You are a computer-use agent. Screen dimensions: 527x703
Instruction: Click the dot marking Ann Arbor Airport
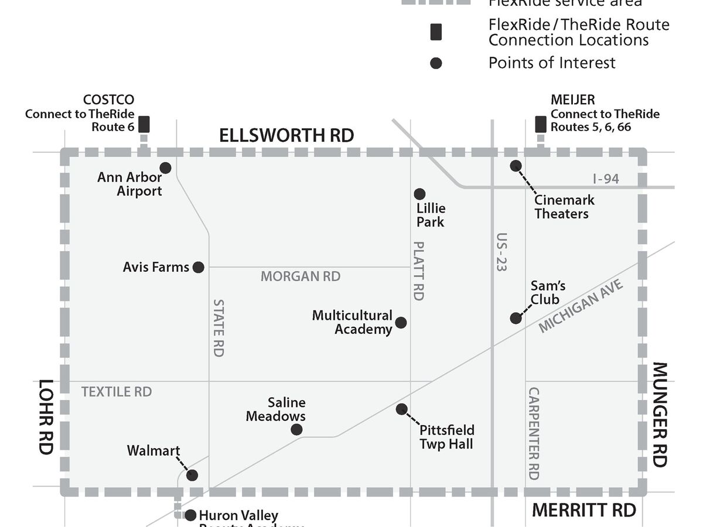(165, 168)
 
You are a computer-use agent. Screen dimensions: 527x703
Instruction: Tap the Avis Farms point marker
(199, 267)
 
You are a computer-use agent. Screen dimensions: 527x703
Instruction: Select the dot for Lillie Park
(419, 194)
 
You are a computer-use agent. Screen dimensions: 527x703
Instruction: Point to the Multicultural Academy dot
(401, 323)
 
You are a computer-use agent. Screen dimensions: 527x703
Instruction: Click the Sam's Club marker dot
(516, 318)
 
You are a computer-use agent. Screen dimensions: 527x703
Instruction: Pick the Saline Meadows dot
(296, 430)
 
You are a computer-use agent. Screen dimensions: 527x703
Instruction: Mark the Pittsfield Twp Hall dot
(401, 409)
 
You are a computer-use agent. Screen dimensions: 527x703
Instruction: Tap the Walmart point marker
(192, 475)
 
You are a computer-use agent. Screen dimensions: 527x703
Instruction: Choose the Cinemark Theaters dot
(516, 166)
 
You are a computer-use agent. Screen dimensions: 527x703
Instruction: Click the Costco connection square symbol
(144, 124)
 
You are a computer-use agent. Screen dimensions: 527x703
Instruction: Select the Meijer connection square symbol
(541, 124)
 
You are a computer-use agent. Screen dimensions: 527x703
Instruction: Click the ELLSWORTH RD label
(286, 135)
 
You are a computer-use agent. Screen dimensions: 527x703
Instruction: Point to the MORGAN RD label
(301, 276)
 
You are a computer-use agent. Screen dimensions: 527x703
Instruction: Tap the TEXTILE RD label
(117, 392)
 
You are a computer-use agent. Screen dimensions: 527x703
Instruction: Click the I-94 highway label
(606, 179)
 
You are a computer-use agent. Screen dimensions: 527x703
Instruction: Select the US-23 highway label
(501, 252)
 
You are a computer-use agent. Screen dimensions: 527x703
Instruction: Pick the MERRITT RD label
(583, 510)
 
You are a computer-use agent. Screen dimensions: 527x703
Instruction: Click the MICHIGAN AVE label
(581, 306)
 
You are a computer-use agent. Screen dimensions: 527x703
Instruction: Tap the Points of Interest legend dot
(436, 63)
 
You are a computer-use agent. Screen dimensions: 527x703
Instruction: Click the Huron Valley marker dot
(190, 515)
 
